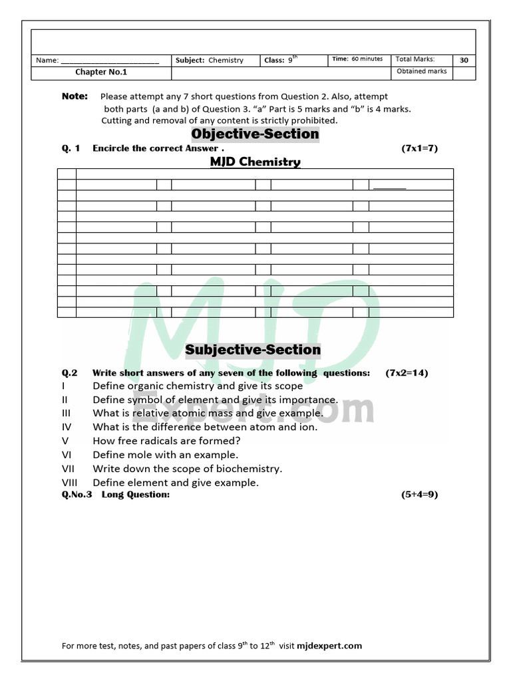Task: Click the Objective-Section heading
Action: [255, 134]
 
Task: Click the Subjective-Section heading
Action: [253, 350]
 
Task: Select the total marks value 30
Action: [464, 60]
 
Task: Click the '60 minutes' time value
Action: [367, 59]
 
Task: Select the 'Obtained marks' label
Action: [422, 71]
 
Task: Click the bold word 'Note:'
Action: [75, 96]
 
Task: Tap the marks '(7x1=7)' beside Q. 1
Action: [419, 148]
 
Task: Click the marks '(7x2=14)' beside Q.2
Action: [407, 373]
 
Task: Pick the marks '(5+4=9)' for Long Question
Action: [419, 495]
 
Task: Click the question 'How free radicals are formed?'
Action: [166, 441]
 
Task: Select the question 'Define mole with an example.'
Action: [165, 455]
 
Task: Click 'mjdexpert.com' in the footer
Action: [331, 646]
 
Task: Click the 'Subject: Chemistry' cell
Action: [210, 61]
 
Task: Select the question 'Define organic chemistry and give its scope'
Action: [198, 386]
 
